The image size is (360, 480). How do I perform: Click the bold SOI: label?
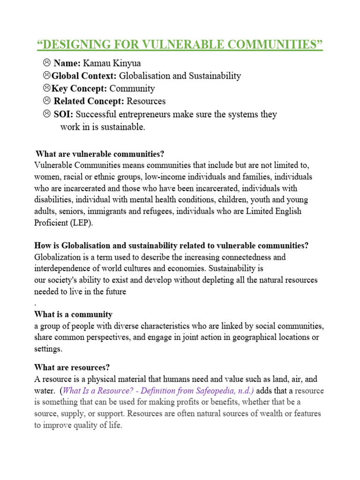coord(63,114)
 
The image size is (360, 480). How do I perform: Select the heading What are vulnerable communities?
coord(100,154)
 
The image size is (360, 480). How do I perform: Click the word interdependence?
coord(64,269)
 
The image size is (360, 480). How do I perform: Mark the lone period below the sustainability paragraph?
coord(36,303)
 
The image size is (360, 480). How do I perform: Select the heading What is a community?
coord(73,314)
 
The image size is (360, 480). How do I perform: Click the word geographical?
coord(245,337)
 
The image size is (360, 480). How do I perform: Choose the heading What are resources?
coord(72,367)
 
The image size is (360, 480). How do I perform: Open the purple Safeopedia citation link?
coord(159,391)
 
